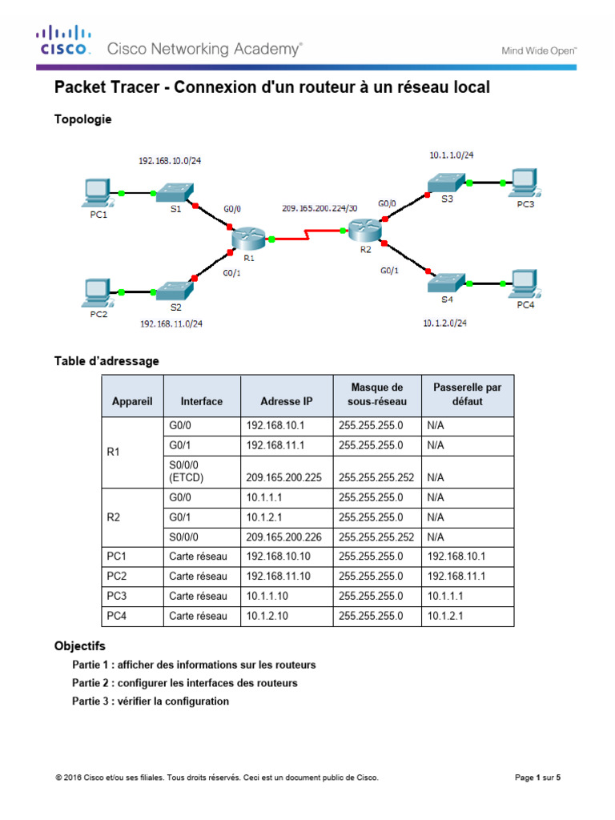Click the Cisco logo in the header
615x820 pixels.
(62, 41)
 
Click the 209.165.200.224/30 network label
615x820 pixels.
(319, 207)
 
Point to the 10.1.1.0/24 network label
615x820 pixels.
(456, 155)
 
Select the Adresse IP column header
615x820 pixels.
(287, 401)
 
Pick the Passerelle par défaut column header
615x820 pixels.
(467, 394)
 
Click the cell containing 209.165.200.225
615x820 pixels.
(283, 478)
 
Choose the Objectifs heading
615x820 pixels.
(79, 645)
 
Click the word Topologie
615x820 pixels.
(82, 119)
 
